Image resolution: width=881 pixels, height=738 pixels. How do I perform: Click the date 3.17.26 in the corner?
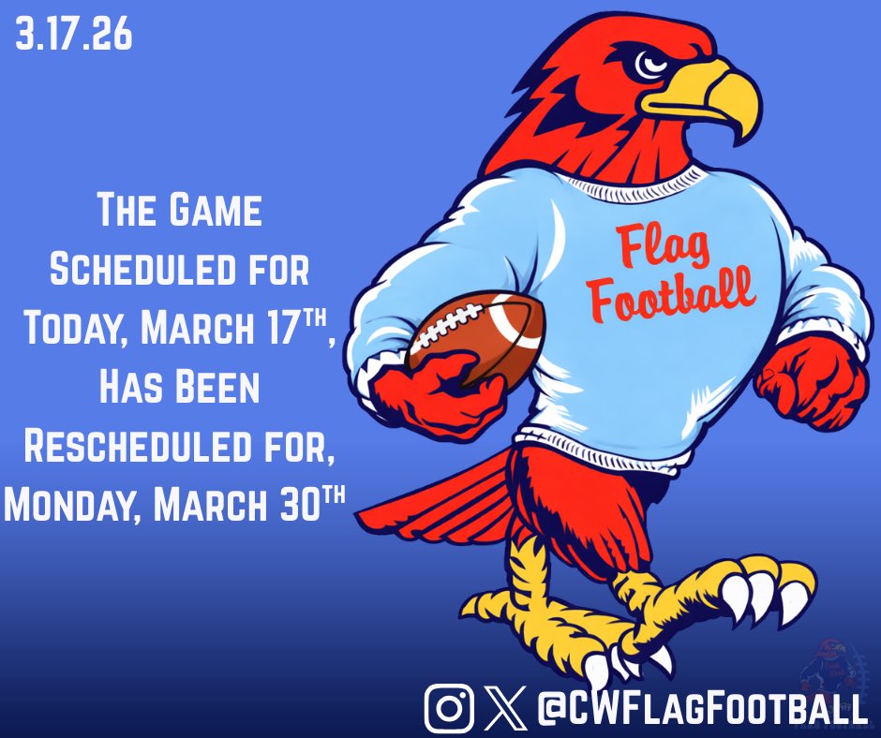(74, 37)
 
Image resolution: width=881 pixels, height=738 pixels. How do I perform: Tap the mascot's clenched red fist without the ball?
(813, 379)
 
